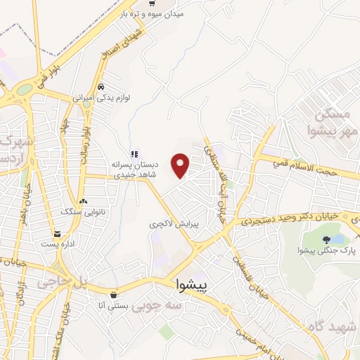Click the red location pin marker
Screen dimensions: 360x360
pyautogui.click(x=181, y=166)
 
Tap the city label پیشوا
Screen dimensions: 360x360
pyautogui.click(x=192, y=287)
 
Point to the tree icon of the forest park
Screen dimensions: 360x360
pyautogui.click(x=326, y=240)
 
